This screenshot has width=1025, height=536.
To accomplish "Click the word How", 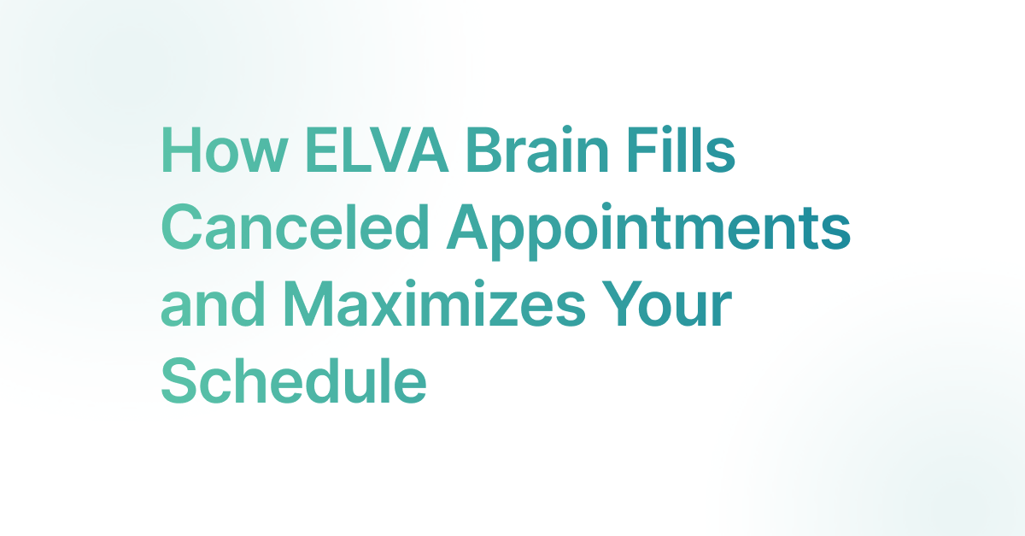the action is tap(225, 150).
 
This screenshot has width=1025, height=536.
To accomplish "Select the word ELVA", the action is tap(377, 150).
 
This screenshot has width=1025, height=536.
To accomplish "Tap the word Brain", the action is tap(537, 149).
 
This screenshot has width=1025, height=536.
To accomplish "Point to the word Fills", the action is tap(682, 149).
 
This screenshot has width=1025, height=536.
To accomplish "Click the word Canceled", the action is tap(296, 227).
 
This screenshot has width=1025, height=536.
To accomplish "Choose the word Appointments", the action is tap(649, 232).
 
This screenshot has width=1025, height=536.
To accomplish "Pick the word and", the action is tap(213, 304).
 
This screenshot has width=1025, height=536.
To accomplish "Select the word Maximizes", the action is tap(434, 303).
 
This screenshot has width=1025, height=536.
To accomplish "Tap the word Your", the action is tap(667, 304).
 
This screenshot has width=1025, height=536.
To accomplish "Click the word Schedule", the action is tap(294, 381).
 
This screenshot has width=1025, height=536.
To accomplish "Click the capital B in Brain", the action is tap(485, 150).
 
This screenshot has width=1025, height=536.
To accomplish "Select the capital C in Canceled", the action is tap(182, 227).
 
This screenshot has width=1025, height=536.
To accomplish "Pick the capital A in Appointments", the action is tap(467, 227).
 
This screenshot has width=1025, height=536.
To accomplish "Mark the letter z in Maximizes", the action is tap(501, 309).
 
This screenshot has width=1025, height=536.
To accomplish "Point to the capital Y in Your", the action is tap(622, 304).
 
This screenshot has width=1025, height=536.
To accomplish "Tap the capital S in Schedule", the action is tap(180, 381).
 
